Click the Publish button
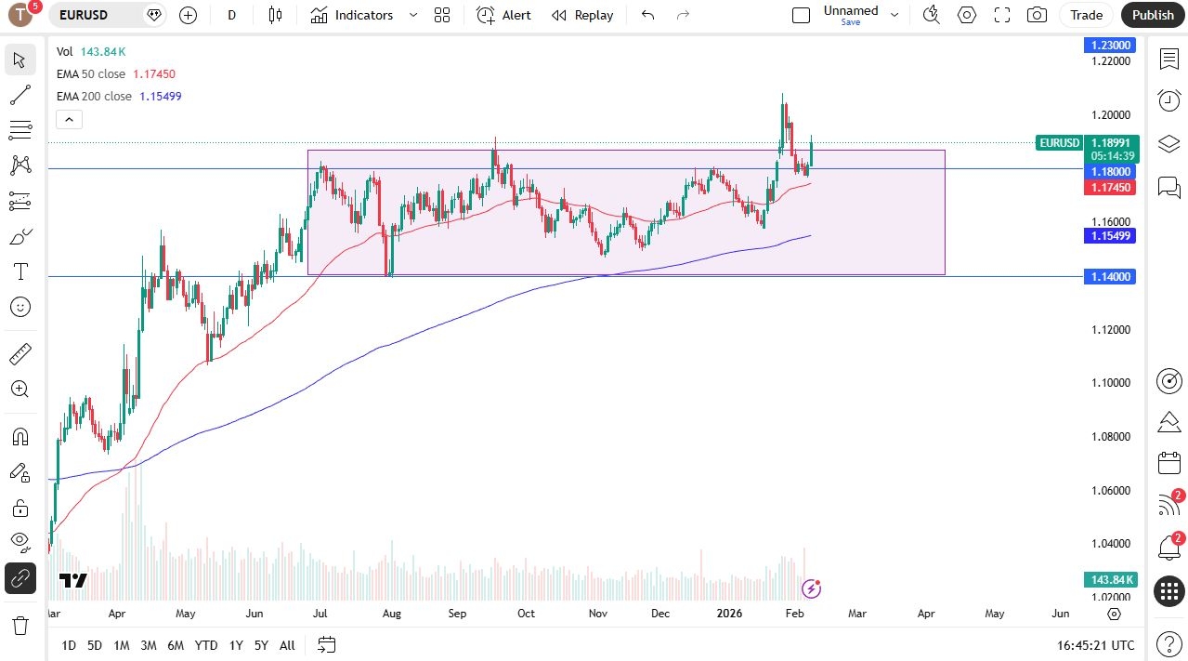click(1153, 15)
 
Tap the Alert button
click(504, 15)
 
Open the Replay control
click(582, 15)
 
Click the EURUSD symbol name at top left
click(84, 15)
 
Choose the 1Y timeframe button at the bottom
click(236, 645)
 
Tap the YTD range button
click(206, 645)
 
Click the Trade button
click(1086, 15)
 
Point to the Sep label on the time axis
click(457, 614)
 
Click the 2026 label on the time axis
click(730, 614)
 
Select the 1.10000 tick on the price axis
click(1111, 383)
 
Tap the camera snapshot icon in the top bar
click(1037, 15)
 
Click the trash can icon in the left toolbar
click(20, 625)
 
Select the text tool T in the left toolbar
click(20, 271)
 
